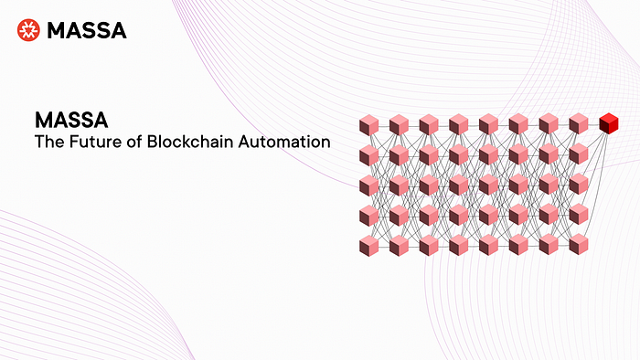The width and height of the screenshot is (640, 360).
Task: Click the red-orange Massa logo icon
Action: (x=28, y=30)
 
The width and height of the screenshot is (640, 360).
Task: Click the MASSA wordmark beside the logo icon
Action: (x=86, y=31)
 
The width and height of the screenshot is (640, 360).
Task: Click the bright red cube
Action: (x=608, y=123)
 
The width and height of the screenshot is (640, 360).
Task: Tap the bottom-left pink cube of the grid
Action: (x=368, y=245)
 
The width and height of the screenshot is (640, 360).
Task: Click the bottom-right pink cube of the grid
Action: (x=579, y=245)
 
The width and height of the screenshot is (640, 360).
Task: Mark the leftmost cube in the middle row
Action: (x=368, y=185)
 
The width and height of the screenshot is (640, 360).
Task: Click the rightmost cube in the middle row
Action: (x=579, y=185)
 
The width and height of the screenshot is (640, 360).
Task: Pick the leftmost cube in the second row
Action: (x=368, y=154)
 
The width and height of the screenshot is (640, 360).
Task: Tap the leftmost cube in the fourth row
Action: (x=368, y=215)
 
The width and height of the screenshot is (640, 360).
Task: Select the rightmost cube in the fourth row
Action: (x=579, y=215)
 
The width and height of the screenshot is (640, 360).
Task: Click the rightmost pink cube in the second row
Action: (x=579, y=154)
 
